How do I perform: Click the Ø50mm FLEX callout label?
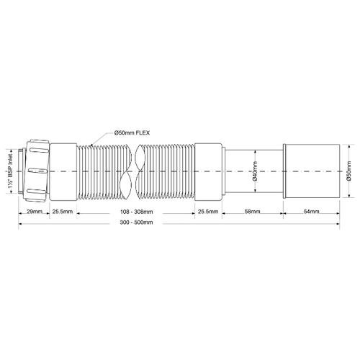point(132,132)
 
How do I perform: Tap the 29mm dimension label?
point(35,212)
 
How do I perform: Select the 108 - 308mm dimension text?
point(136,212)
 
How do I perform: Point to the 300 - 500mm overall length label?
point(136,222)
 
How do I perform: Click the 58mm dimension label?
point(252,212)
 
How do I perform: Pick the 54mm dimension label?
point(312,212)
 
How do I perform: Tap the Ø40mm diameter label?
point(255,171)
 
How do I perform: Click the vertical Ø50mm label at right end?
point(348,171)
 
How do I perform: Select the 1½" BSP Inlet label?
point(11,171)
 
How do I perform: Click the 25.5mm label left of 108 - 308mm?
point(63,212)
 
